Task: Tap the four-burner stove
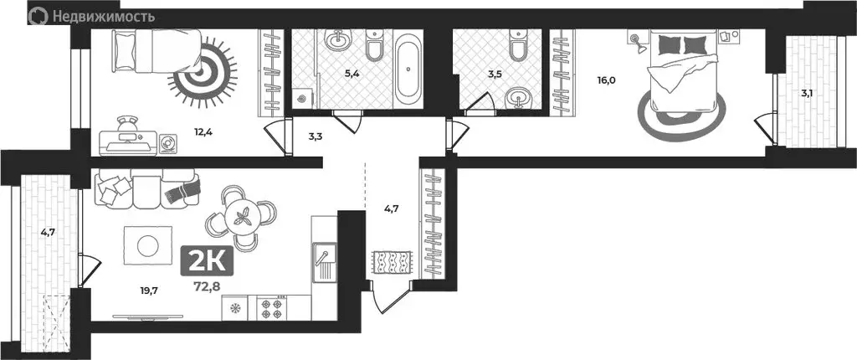coord(272,308)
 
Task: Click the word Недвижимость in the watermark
coord(104,15)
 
